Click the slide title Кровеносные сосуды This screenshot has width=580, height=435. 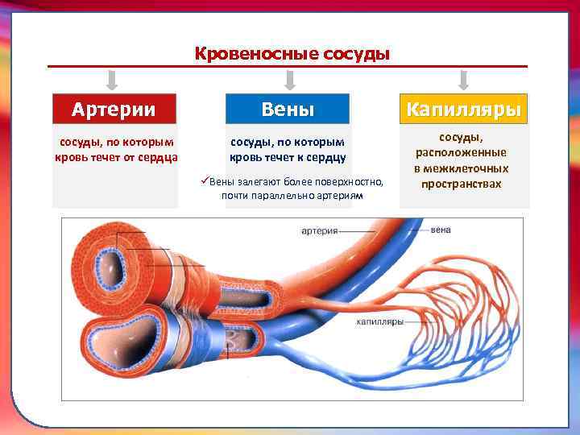point(292,54)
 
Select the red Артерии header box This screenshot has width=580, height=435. point(114,109)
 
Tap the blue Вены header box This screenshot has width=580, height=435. point(288,109)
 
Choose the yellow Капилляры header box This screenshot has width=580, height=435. point(464,109)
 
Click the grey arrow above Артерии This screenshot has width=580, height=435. point(113,79)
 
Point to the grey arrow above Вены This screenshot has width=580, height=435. point(291,79)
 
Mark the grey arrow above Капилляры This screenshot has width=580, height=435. point(463,79)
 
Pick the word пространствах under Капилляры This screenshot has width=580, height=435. point(462,184)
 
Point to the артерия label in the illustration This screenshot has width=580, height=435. point(319,231)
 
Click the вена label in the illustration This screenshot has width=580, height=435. point(441,230)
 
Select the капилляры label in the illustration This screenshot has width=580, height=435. point(379,321)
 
